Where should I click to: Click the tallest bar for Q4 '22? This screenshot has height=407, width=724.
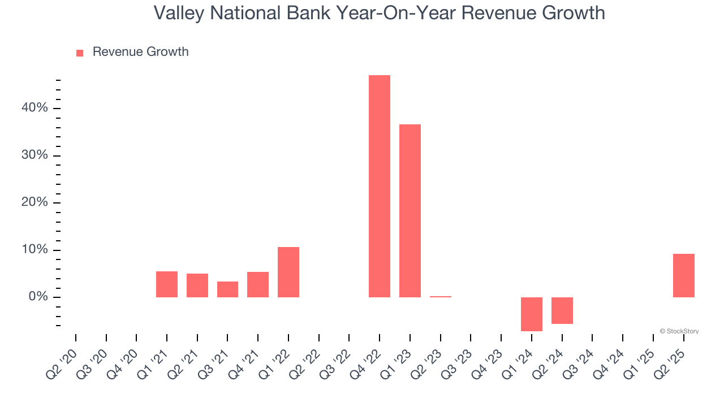pos(380,187)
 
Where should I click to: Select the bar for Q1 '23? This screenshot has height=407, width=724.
pos(410,211)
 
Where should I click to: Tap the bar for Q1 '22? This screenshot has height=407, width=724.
pos(288,272)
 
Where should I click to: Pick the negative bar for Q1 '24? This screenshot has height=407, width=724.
pos(532,314)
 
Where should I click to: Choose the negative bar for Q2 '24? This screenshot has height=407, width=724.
pos(562,310)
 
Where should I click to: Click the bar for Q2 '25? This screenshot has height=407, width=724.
pos(684,275)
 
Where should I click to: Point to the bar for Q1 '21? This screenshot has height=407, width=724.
pos(167,284)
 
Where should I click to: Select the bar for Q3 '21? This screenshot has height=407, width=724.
pos(227,289)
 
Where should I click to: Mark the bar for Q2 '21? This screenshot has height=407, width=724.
pos(197,285)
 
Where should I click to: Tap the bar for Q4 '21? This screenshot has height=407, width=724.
pos(258,284)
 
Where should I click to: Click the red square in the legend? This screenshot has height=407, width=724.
pos(80,53)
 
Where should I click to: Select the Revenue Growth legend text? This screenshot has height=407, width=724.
pos(140,52)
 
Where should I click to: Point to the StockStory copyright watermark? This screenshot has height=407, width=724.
pos(679,331)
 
